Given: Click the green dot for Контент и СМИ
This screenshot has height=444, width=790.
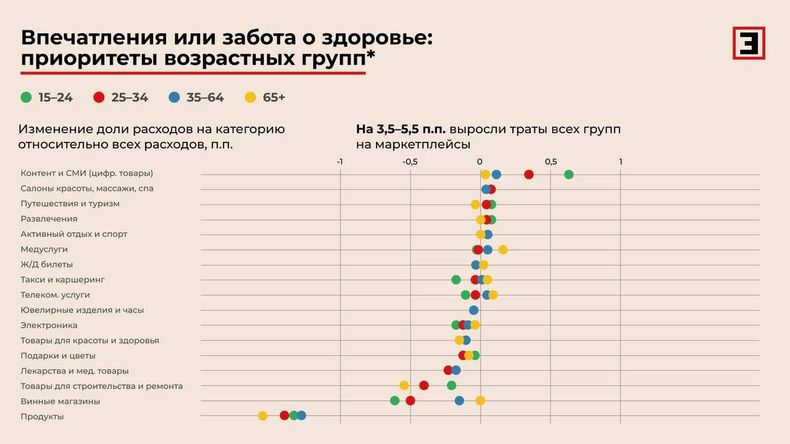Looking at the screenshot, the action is click(x=568, y=175).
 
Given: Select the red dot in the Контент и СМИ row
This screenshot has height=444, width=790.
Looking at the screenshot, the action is click(x=529, y=175).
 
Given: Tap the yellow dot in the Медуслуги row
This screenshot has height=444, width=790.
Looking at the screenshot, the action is click(x=503, y=250).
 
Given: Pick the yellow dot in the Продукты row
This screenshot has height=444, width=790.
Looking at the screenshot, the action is click(x=262, y=416).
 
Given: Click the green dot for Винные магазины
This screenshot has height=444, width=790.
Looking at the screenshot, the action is click(x=394, y=401).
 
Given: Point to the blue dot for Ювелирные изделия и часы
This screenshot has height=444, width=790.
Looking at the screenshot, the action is click(x=473, y=310).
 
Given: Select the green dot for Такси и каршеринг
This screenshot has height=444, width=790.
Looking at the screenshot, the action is click(x=456, y=280).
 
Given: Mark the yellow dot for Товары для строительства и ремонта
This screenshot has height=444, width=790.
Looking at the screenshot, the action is click(x=404, y=385).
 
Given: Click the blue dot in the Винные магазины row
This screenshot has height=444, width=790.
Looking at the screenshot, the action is click(x=459, y=401).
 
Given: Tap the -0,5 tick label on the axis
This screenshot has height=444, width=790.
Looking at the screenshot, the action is click(x=410, y=162).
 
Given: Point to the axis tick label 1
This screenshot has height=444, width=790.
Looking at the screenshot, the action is click(x=621, y=162).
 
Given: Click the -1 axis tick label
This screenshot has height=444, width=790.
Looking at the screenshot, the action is click(x=339, y=162).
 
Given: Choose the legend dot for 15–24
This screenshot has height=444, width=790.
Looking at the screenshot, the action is click(x=26, y=97).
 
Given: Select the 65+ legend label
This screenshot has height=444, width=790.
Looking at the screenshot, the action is click(x=273, y=97).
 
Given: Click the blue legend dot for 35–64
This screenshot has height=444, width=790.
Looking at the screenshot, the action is click(x=174, y=97).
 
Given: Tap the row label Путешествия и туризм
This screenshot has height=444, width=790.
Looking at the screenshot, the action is click(x=70, y=203).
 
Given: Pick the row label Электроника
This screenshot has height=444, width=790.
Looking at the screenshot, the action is click(x=49, y=325).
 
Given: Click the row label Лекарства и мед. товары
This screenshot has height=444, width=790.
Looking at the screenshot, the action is click(x=75, y=371).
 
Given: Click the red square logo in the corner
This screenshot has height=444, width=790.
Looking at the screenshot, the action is click(x=749, y=43).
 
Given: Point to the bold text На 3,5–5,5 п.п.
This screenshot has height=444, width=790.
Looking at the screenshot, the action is click(x=401, y=129).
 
